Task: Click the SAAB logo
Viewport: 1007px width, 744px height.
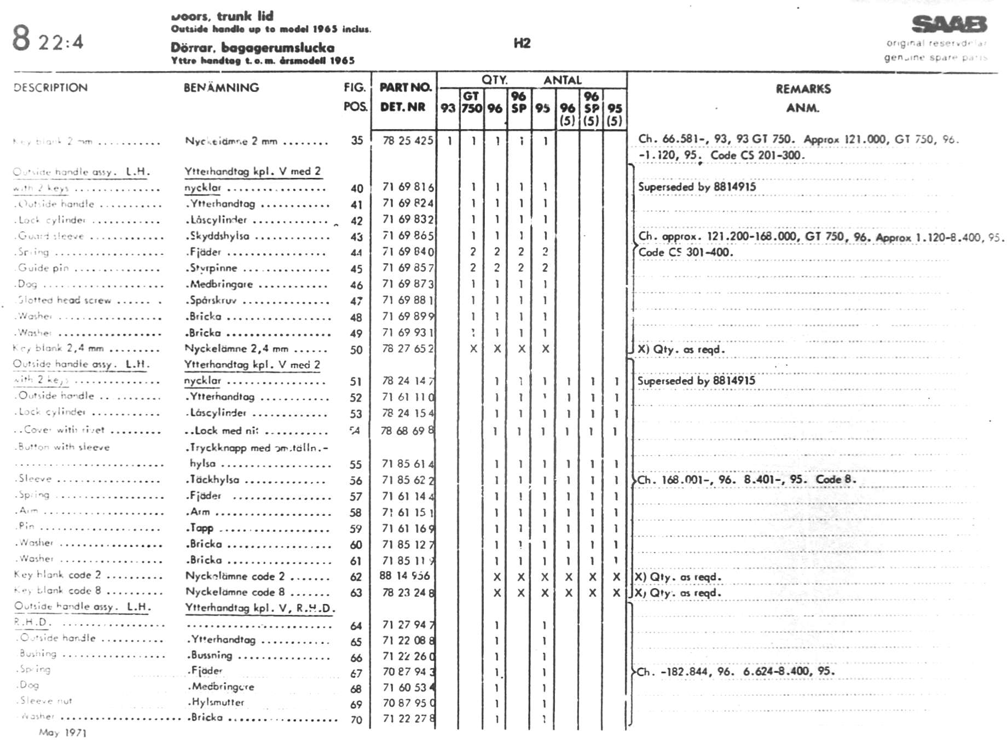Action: pos(949,25)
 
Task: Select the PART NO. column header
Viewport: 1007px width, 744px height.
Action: pos(406,87)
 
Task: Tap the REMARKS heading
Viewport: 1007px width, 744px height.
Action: pos(803,89)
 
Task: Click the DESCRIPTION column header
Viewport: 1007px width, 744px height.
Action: pos(50,88)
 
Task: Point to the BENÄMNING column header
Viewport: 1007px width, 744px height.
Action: pos(221,88)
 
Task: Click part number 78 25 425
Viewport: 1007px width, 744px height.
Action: pos(408,141)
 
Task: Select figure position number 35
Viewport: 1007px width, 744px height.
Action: pos(357,141)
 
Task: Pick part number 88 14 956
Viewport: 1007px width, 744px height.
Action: pos(404,576)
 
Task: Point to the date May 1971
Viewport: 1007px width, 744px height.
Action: pos(62,733)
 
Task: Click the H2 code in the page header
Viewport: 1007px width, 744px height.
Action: pos(522,43)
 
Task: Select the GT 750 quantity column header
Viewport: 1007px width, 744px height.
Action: pos(471,102)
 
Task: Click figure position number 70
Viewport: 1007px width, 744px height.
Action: pos(356,720)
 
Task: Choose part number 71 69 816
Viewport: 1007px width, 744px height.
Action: pos(408,187)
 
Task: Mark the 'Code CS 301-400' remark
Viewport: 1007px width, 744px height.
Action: pos(685,252)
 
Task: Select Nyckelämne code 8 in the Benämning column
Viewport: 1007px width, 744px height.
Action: pos(235,591)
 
